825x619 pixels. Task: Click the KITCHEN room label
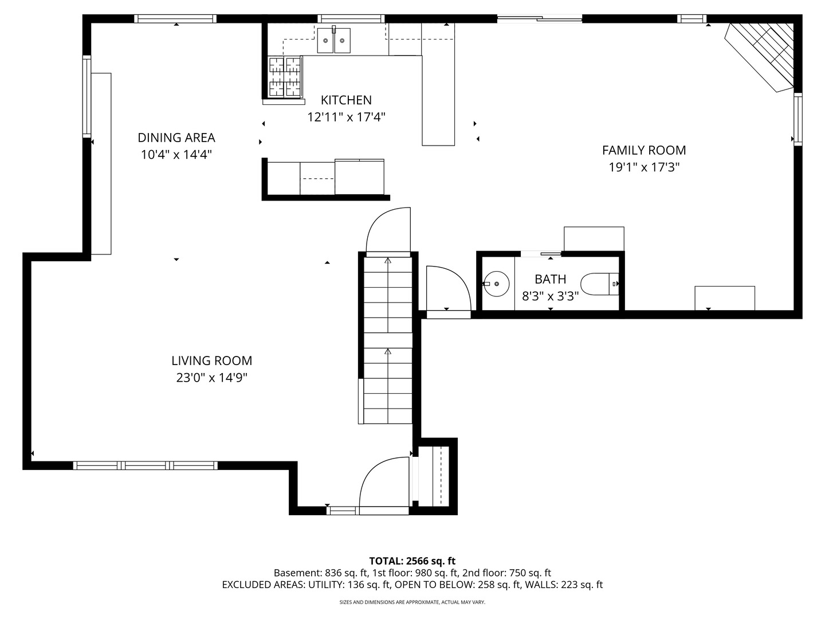point(346,100)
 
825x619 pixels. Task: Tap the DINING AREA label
point(176,138)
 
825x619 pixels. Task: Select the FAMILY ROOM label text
point(644,150)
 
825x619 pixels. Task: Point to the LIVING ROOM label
point(211,361)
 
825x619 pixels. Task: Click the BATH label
point(550,279)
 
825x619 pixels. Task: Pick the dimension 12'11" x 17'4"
point(346,117)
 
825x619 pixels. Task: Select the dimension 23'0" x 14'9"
point(211,377)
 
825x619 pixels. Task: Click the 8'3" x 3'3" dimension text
point(550,296)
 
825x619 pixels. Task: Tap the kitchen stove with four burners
point(285,77)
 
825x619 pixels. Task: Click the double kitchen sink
point(334,40)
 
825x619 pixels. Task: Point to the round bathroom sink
point(496,284)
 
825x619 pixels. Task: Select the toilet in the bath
point(599,284)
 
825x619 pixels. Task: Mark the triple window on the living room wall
point(145,465)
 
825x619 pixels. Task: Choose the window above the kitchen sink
point(351,18)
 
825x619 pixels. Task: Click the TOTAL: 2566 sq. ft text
point(412,561)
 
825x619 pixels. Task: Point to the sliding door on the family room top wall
point(540,18)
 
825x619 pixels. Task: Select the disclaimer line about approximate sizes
point(412,602)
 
